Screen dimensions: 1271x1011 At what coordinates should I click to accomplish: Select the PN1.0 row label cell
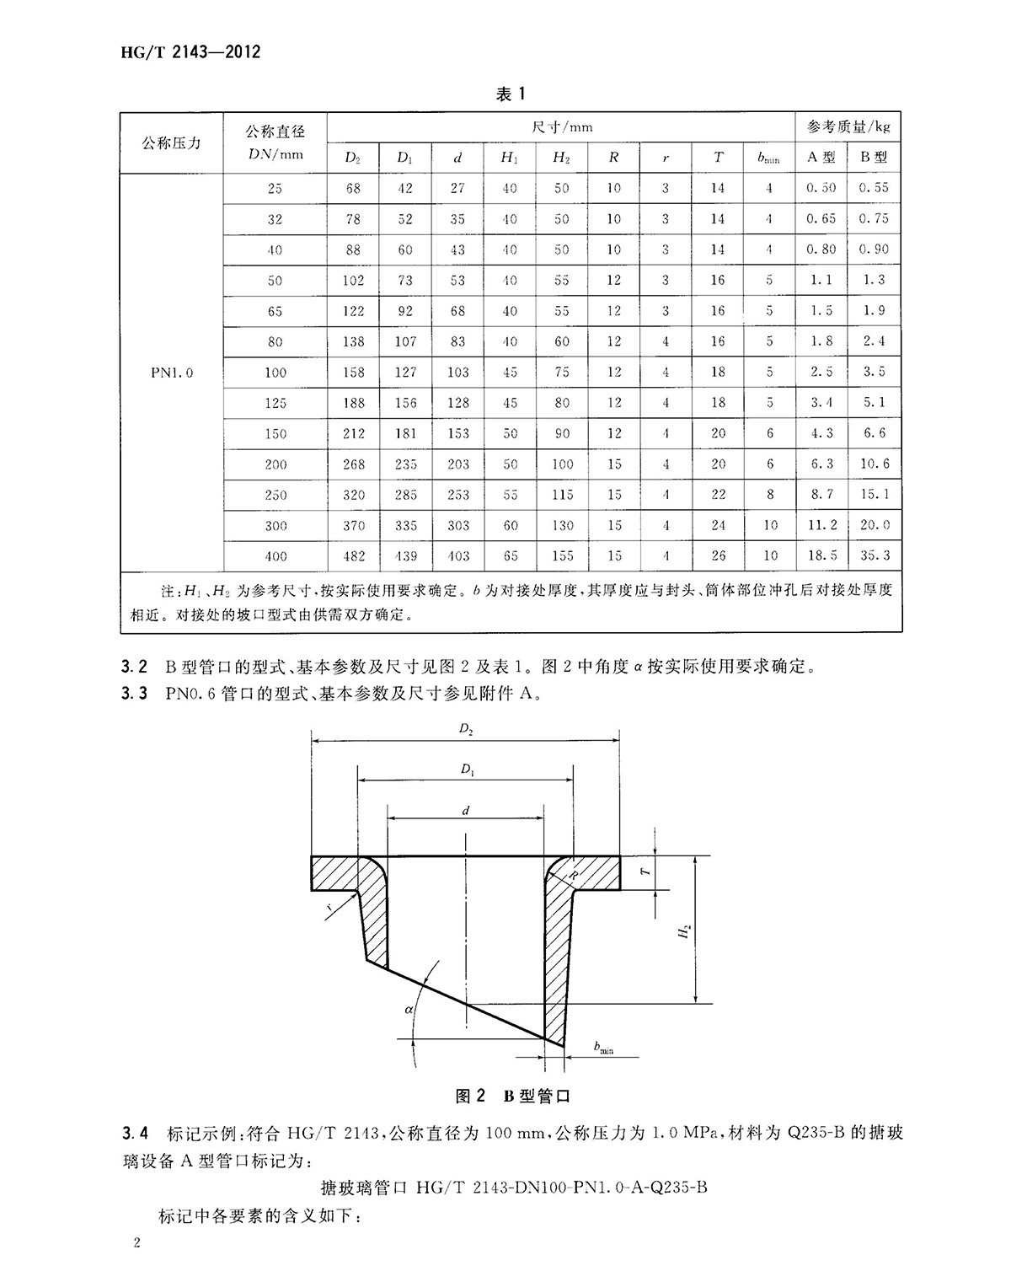pos(172,373)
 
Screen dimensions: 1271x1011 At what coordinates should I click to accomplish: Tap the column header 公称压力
pos(172,143)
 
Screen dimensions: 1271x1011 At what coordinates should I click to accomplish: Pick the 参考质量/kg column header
pos(848,127)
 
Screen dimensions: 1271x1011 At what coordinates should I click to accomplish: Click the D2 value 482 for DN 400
pos(353,556)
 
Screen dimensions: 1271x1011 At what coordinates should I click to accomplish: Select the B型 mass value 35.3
pos(875,556)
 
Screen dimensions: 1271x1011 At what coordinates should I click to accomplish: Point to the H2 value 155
pos(562,556)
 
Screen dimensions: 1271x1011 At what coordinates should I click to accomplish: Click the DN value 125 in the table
pos(275,403)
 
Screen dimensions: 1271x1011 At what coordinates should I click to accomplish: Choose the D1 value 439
pos(405,556)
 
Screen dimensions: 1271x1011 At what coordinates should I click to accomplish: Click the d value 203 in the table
pos(457,464)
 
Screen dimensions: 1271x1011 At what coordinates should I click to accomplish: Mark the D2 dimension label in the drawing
pos(466,730)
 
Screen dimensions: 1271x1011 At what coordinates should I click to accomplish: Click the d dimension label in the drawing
pos(466,811)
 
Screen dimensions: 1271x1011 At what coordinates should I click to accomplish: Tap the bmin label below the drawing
pos(603,1048)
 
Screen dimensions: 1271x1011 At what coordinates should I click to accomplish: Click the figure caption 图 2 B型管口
pos(512,1097)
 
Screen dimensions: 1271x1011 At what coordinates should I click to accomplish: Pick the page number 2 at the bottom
pos(136,1244)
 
